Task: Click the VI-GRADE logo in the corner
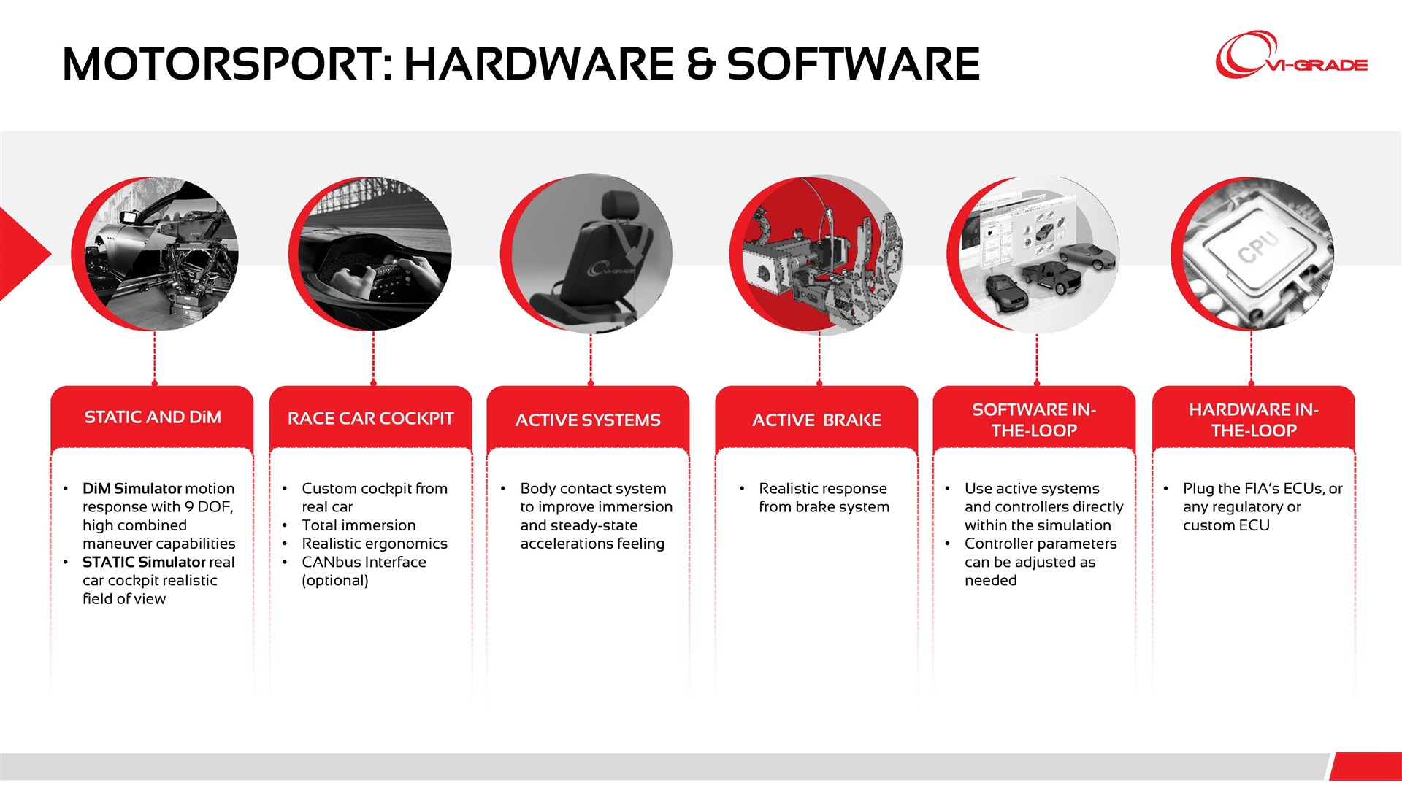(1291, 55)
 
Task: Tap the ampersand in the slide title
(700, 64)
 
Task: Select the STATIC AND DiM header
(153, 417)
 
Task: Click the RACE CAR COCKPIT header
(371, 419)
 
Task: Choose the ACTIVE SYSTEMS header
(588, 420)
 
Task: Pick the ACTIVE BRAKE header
(816, 420)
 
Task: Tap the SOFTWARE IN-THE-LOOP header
(1034, 420)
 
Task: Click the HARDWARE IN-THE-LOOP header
(1254, 420)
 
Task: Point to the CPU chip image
(1253, 253)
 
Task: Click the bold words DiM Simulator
(132, 489)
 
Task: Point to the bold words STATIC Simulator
(144, 563)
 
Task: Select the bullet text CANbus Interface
(364, 563)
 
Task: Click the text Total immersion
(359, 525)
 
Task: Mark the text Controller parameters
(1041, 544)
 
